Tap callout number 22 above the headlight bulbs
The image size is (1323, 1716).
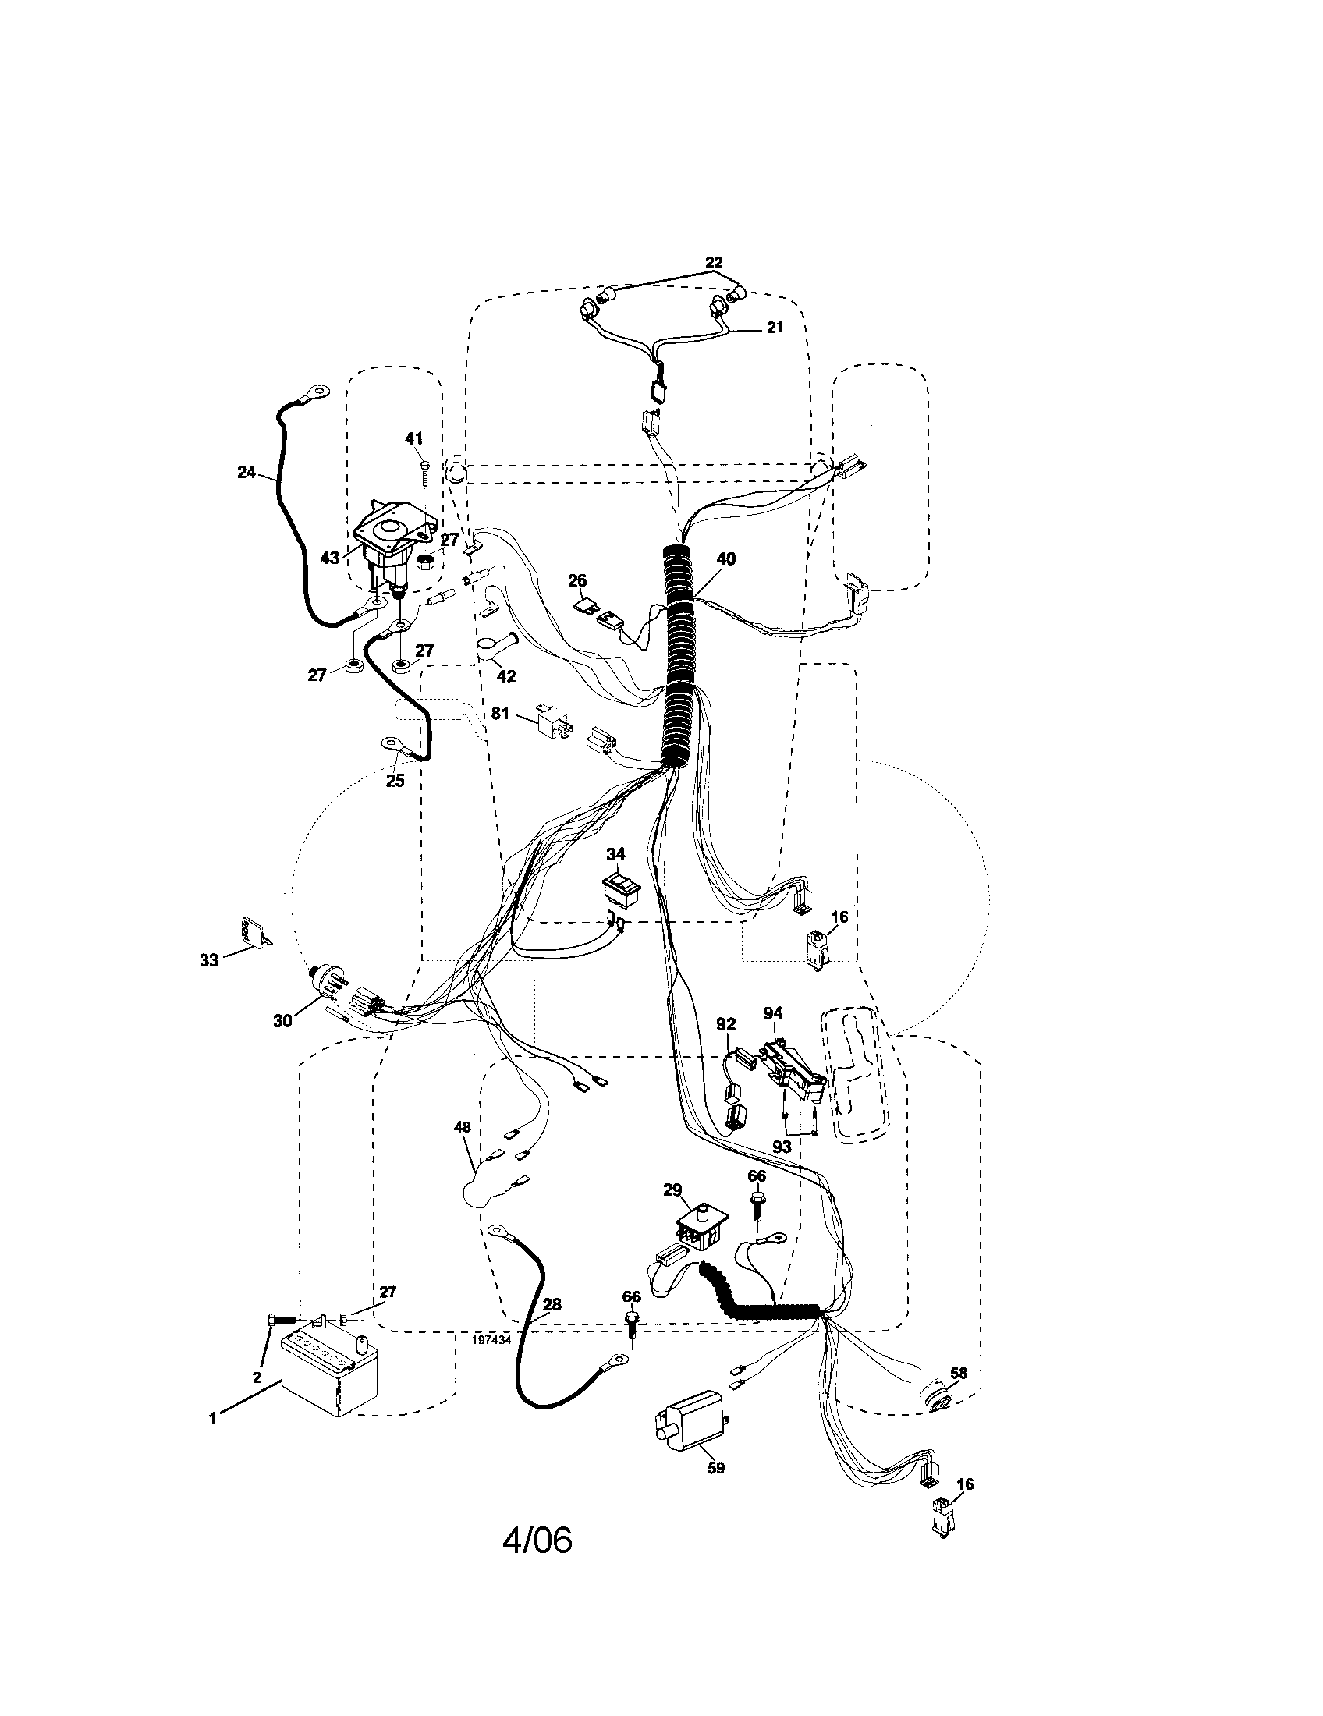point(713,262)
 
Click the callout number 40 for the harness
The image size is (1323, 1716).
point(726,559)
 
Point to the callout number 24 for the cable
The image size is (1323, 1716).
point(247,472)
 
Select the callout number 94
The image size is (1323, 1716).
point(773,1014)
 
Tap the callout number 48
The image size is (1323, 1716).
point(463,1128)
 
